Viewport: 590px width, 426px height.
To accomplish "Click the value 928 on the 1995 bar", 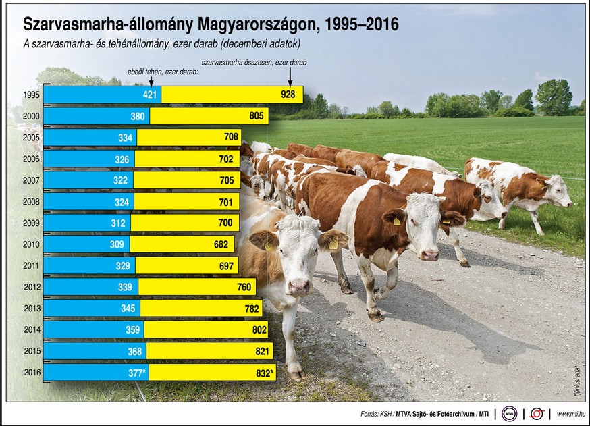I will (288, 95).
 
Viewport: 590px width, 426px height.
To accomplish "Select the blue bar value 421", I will (150, 95).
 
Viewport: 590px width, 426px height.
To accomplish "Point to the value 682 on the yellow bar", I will (221, 244).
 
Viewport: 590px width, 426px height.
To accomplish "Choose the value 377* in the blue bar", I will (137, 373).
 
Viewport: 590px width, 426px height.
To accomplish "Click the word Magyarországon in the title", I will (254, 25).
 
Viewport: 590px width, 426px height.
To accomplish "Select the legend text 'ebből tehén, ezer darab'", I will (162, 70).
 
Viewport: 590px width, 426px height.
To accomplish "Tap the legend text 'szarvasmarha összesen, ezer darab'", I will (254, 61).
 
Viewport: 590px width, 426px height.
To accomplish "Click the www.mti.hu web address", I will (570, 413).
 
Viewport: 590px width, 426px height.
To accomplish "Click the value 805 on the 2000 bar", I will (256, 116).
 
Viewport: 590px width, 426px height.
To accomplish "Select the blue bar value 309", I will (117, 244).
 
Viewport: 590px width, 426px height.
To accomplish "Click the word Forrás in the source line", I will (370, 413).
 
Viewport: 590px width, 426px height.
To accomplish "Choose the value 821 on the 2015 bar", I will (259, 352).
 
